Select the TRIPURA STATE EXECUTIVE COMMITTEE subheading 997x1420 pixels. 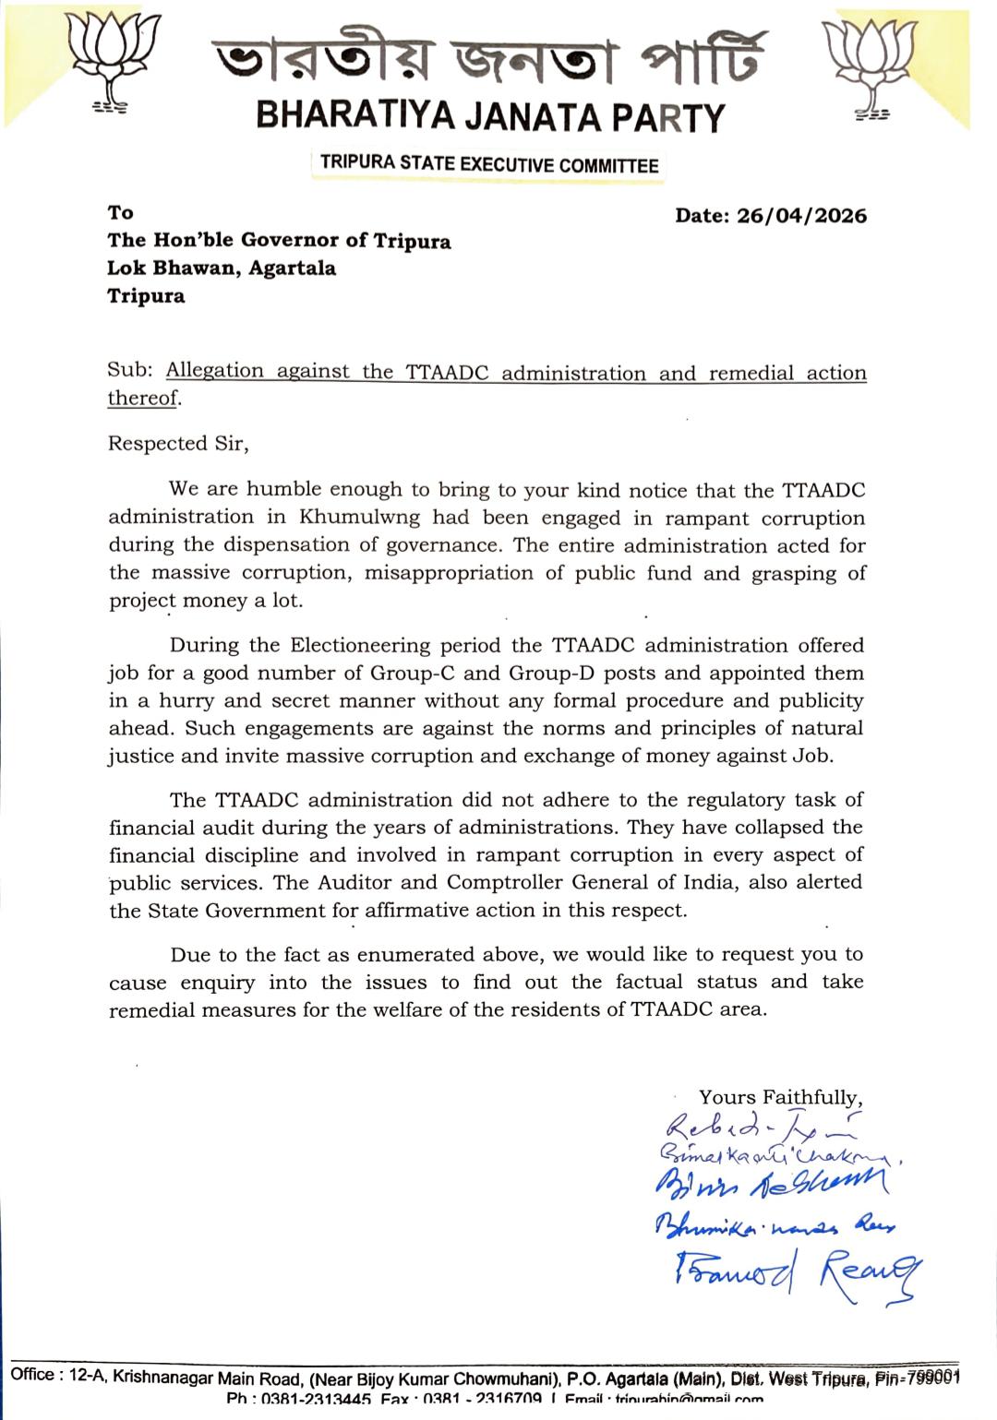pos(489,165)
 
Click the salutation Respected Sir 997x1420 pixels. pos(178,444)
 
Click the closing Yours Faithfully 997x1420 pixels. pos(780,1097)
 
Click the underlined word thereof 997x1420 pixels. pos(143,399)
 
